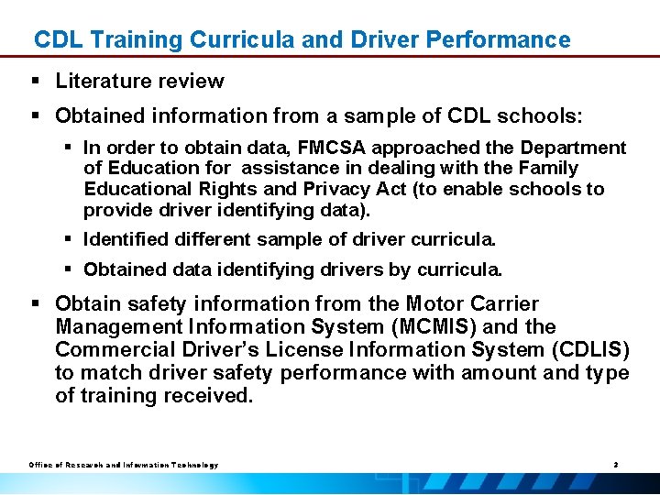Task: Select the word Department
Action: [x=574, y=148]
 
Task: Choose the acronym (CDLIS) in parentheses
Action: [x=589, y=350]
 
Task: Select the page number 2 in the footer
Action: [x=616, y=466]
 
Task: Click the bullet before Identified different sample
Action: [x=69, y=240]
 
